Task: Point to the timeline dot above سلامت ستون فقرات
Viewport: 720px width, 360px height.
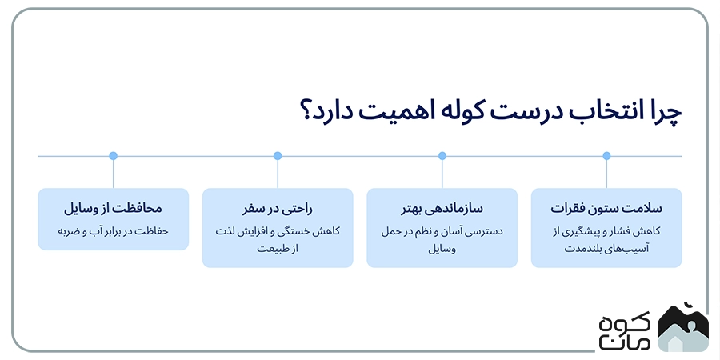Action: [606, 156]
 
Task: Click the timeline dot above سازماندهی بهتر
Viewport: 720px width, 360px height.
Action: [442, 156]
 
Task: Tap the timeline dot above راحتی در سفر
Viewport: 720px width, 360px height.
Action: [278, 156]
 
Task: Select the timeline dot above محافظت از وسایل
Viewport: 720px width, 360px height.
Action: [113, 156]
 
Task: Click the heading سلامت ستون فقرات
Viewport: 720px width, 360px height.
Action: [606, 209]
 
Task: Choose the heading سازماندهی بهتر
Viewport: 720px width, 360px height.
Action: [442, 209]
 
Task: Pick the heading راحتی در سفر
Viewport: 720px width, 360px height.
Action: [278, 209]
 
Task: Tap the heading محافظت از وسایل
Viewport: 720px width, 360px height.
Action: [113, 209]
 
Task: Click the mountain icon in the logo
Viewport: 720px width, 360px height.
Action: [682, 327]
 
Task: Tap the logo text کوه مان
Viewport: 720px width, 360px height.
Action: [624, 327]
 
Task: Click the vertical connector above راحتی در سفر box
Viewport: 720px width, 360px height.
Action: [278, 173]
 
